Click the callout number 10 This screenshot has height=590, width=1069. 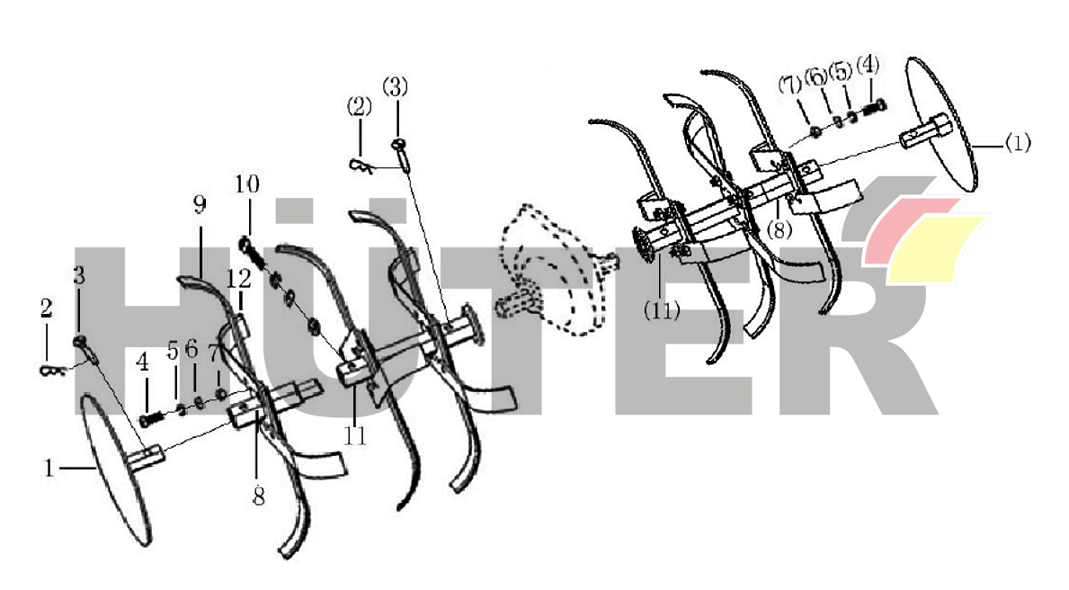click(247, 184)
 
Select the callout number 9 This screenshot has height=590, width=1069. click(199, 204)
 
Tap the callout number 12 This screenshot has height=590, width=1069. click(238, 278)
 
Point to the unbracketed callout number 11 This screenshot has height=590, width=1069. click(355, 435)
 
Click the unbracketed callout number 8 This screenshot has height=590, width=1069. click(258, 496)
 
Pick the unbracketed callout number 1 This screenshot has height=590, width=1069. click(49, 468)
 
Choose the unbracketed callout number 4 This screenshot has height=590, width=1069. click(142, 362)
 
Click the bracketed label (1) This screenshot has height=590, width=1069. click(1017, 143)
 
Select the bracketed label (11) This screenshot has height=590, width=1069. click(662, 311)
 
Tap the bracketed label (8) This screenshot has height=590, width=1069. click(779, 229)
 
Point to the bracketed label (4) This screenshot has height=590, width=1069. click(868, 66)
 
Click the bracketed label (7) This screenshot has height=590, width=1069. click(790, 85)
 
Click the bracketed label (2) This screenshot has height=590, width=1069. click(359, 106)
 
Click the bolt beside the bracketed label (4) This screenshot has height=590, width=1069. click(875, 106)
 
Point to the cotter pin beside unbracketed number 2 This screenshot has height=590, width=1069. click(52, 371)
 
